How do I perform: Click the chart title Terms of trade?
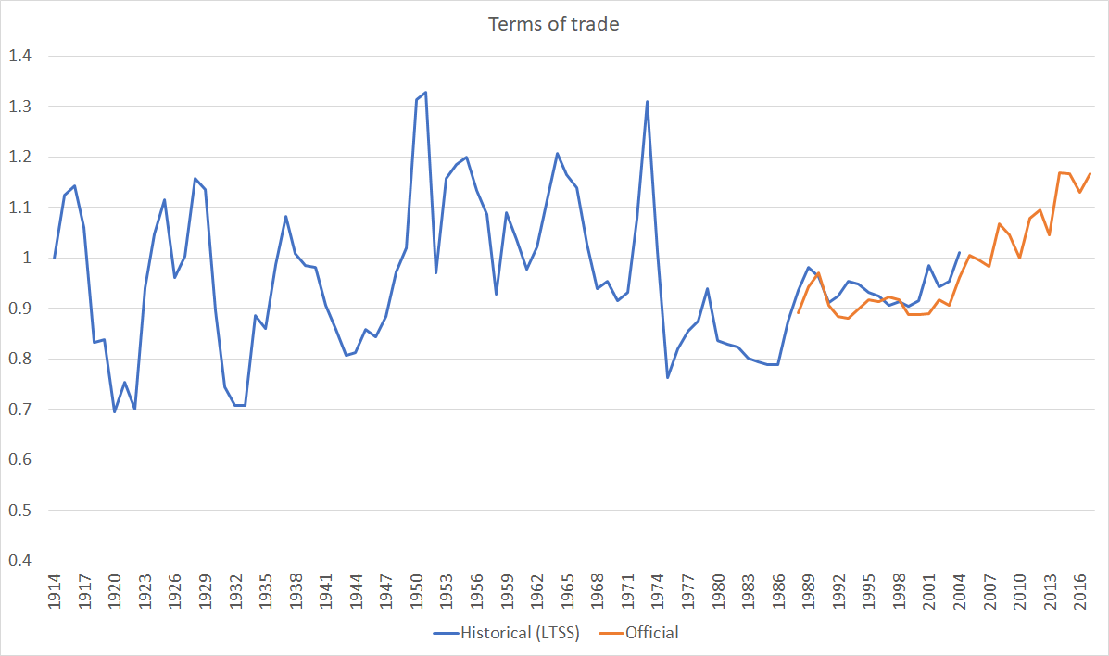[554, 24]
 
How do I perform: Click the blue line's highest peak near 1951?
[425, 93]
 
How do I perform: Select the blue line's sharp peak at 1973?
[647, 102]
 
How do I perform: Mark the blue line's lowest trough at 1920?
[115, 412]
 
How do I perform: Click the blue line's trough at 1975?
[667, 377]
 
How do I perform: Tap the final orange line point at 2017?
[1090, 174]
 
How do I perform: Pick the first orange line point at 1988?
[799, 313]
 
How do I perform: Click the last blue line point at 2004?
[959, 252]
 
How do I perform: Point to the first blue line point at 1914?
[55, 259]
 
